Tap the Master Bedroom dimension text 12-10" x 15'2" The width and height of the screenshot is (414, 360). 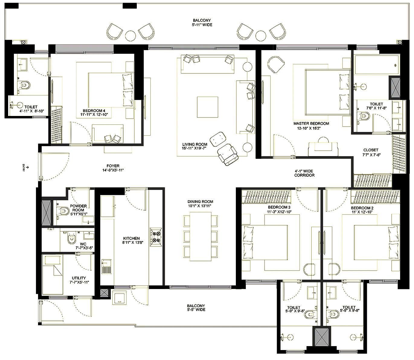[311, 128]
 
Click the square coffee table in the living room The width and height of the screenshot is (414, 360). [207, 106]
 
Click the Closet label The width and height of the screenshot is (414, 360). [371, 150]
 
